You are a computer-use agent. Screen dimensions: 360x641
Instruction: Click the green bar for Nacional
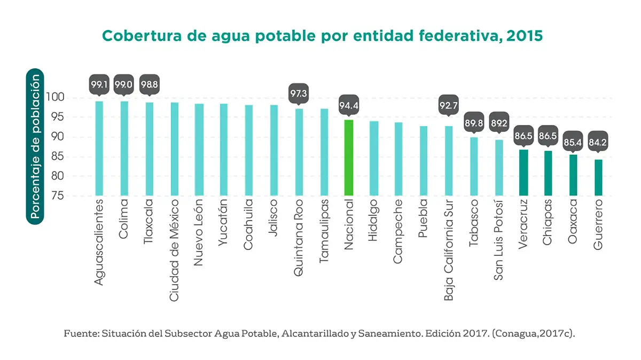(348, 158)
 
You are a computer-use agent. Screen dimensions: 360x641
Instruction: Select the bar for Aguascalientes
(99, 148)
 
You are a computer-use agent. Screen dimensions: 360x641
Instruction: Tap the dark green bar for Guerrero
(598, 177)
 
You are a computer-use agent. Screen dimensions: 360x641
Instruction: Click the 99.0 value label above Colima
(124, 84)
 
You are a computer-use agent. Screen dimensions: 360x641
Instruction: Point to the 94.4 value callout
(348, 105)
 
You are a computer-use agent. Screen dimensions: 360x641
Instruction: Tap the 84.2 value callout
(598, 143)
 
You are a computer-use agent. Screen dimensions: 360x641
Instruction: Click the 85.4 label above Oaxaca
(573, 143)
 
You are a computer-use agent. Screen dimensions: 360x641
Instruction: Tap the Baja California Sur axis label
(449, 249)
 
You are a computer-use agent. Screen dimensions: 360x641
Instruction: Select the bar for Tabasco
(473, 166)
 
